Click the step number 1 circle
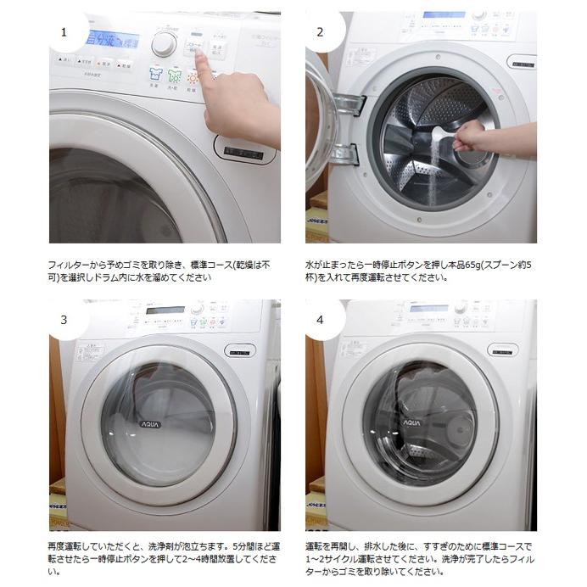(x=62, y=32)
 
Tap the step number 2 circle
(x=320, y=32)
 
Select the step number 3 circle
(x=62, y=320)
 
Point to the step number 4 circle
(x=320, y=320)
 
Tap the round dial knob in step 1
(x=164, y=44)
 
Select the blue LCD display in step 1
(x=112, y=39)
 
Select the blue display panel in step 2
(x=444, y=14)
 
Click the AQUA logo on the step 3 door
(x=150, y=423)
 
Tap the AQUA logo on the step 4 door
(x=411, y=422)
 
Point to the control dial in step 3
(x=197, y=310)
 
